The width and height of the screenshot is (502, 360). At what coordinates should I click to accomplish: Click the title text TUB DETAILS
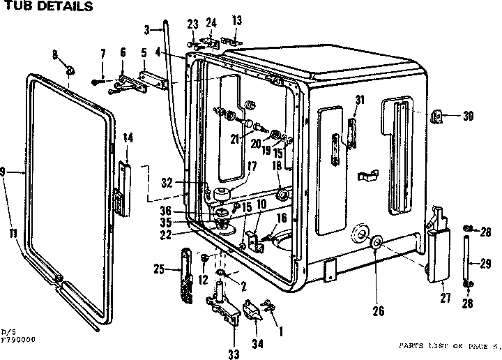point(47,7)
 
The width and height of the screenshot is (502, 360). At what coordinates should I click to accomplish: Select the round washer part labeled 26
point(375,243)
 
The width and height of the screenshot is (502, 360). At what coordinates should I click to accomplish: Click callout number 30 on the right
point(468,117)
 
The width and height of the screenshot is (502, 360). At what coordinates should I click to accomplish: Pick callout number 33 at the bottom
point(234,354)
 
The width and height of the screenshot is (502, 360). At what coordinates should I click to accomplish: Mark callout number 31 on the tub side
point(360,100)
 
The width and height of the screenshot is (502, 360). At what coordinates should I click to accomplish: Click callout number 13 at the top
point(236,20)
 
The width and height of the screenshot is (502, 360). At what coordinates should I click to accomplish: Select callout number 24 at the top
point(211,21)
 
